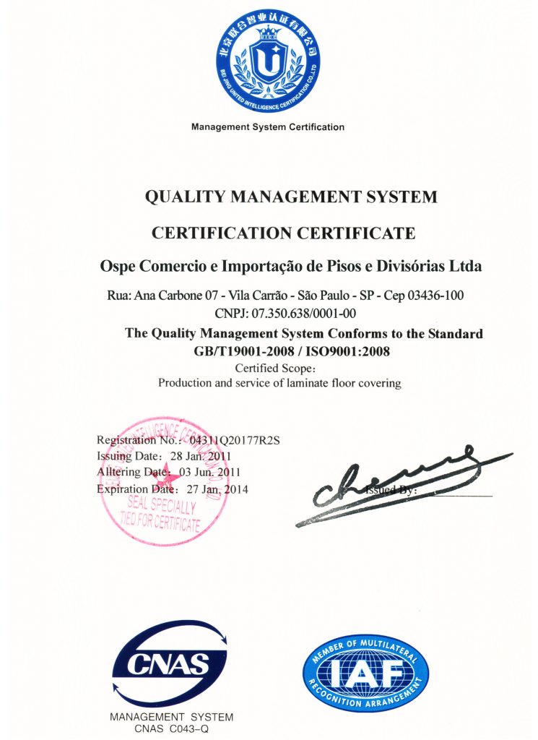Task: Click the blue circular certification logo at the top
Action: [x=268, y=61]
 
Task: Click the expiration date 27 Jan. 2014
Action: [x=217, y=489]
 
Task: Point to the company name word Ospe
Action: [x=116, y=266]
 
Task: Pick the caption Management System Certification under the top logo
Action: [x=268, y=127]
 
